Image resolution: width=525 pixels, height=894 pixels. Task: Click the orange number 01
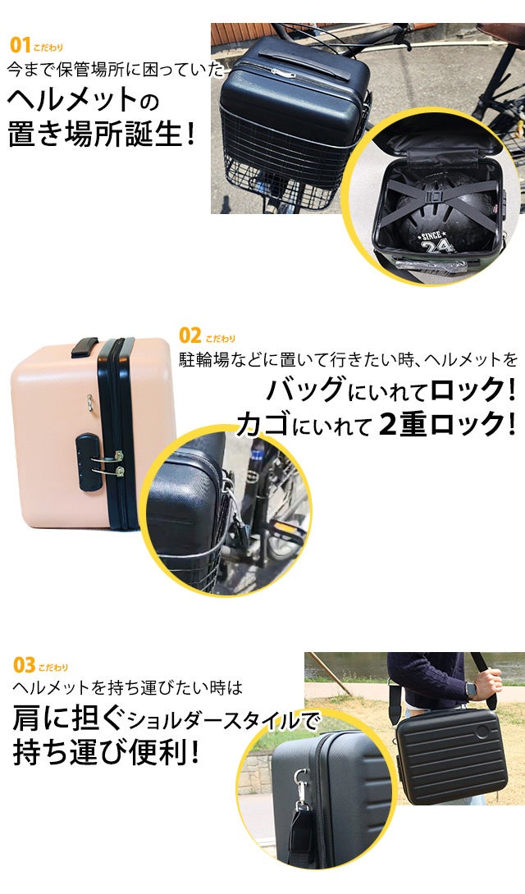(20, 45)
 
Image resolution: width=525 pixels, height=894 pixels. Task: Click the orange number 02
(189, 335)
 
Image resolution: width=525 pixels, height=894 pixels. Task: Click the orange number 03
(24, 665)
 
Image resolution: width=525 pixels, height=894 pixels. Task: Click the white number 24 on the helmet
(438, 245)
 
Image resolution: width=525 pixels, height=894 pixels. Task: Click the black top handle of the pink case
(85, 346)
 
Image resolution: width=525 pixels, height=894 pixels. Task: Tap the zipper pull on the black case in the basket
(283, 73)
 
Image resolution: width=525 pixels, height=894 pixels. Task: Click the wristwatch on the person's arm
(471, 691)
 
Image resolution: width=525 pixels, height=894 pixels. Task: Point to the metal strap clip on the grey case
(299, 785)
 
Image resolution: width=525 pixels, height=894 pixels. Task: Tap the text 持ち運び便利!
(107, 753)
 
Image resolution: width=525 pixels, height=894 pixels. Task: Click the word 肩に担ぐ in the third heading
(68, 720)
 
